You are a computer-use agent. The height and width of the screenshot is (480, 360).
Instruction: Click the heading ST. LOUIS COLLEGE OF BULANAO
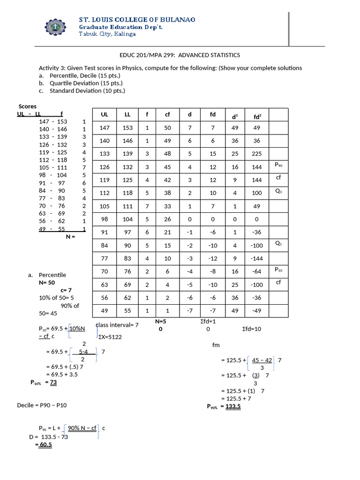(x=137, y=19)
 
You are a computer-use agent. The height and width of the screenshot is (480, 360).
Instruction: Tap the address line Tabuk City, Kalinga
(x=107, y=34)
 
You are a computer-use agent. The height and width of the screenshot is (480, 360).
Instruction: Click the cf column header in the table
(x=167, y=114)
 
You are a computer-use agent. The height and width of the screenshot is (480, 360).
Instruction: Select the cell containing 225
(x=257, y=154)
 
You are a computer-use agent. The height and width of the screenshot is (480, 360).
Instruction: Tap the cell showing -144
(x=257, y=258)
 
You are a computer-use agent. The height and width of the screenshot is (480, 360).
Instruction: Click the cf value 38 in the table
(x=167, y=193)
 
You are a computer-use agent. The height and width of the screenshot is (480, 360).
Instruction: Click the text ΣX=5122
(x=111, y=337)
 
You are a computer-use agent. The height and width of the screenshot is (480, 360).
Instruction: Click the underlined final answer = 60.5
(x=44, y=445)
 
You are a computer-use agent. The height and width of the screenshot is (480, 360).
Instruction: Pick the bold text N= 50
(x=47, y=283)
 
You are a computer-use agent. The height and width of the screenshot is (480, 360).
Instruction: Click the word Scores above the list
(x=27, y=106)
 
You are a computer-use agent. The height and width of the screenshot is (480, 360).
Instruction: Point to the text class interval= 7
(x=117, y=325)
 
